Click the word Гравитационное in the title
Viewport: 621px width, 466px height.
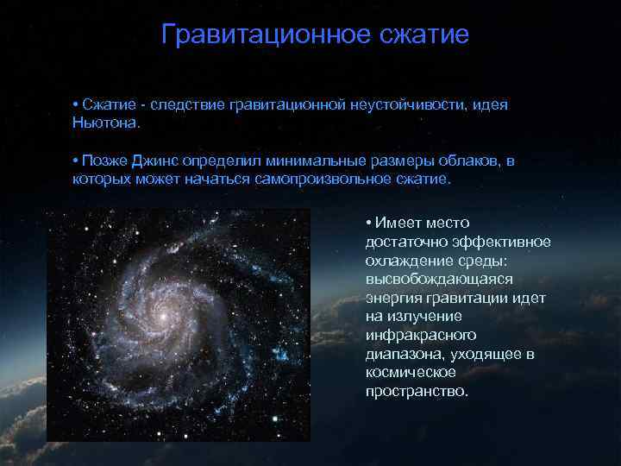click(265, 35)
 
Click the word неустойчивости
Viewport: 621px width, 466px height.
click(409, 104)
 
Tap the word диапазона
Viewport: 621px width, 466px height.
click(400, 354)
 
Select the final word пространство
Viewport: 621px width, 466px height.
click(417, 391)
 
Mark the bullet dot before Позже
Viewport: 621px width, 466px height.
click(76, 161)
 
